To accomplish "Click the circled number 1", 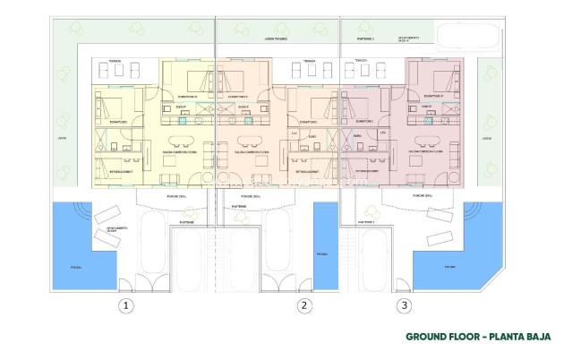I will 127,306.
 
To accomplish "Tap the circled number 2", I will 305,306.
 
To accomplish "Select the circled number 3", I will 405,306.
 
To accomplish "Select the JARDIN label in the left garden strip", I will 62,139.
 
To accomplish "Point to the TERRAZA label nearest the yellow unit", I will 115,61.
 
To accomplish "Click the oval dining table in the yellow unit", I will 183,142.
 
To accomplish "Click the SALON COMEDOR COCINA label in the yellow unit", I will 182,152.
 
